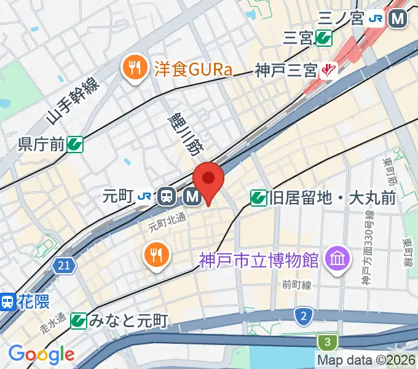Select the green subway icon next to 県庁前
click(76, 145)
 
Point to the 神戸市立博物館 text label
click(259, 261)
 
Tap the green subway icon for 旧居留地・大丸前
click(258, 197)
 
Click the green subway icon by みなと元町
click(78, 320)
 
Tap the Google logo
click(41, 354)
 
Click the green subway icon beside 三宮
click(323, 39)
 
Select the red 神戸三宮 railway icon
click(329, 70)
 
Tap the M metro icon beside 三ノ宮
click(399, 19)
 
